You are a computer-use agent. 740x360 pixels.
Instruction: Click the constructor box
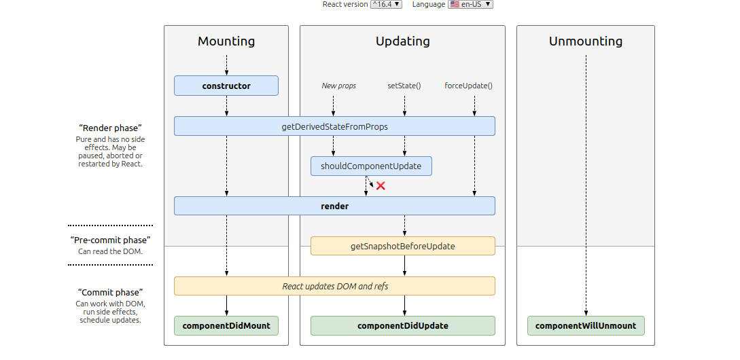click(x=226, y=86)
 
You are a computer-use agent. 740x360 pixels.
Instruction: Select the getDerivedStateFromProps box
click(x=334, y=126)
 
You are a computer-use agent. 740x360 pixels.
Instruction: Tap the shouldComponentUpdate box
click(x=371, y=166)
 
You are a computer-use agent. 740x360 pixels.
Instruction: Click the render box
click(x=334, y=206)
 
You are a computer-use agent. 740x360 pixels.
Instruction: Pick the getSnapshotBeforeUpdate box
click(x=402, y=246)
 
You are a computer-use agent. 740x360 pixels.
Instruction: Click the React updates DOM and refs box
click(x=334, y=286)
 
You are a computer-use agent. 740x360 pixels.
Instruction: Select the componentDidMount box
click(x=226, y=325)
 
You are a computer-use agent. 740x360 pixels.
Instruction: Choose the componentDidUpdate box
click(x=402, y=325)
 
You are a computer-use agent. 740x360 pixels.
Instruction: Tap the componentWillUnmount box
click(x=586, y=325)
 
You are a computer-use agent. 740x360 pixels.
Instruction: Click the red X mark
click(x=381, y=185)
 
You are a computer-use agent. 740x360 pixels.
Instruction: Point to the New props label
click(x=338, y=86)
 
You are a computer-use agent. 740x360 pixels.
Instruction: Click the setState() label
click(x=404, y=86)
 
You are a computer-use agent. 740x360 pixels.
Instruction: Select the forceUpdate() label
click(x=468, y=86)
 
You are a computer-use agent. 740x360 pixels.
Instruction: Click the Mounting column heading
click(x=226, y=41)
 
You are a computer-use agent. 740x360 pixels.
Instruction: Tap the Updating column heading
click(x=402, y=41)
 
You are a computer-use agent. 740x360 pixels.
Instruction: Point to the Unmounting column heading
click(x=586, y=41)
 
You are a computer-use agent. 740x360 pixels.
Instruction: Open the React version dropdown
click(x=386, y=4)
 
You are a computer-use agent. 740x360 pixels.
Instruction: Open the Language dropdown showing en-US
click(x=470, y=4)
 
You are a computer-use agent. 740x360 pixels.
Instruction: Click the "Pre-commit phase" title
click(x=110, y=240)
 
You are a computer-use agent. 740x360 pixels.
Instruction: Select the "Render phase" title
click(x=110, y=128)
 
